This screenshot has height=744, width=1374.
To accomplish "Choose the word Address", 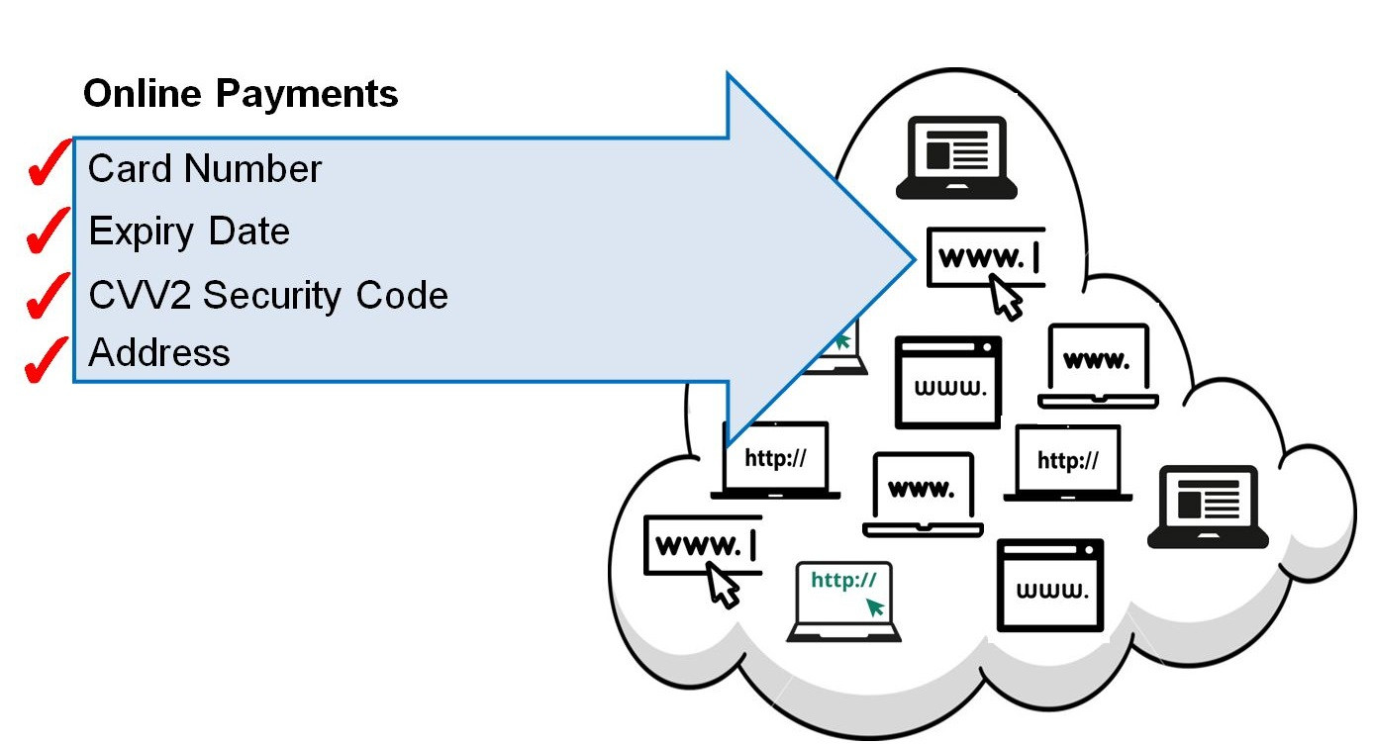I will point(159,353).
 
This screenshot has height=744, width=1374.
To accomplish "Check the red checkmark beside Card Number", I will point(48,165).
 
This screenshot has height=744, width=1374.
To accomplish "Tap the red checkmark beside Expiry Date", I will point(48,230).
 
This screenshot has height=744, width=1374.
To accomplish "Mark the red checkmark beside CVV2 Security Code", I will point(48,296).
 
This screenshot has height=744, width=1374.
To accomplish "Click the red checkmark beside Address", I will point(48,360).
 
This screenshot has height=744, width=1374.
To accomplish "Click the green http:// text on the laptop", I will point(843,580).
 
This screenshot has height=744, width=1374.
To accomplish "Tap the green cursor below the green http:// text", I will point(875,605).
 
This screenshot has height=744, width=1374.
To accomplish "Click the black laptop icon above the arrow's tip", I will point(956,158).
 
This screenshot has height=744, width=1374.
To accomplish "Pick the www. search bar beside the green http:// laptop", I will point(702,545).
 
